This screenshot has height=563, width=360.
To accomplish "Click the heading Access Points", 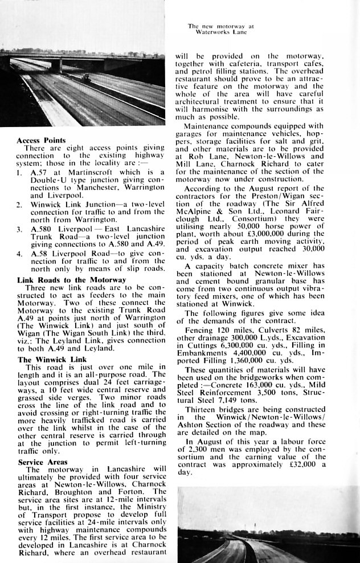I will (40, 140).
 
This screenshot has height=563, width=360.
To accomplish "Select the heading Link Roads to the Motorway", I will (71, 280).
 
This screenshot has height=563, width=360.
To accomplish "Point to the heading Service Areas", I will (42, 462).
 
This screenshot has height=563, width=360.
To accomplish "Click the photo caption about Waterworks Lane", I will (217, 29).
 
